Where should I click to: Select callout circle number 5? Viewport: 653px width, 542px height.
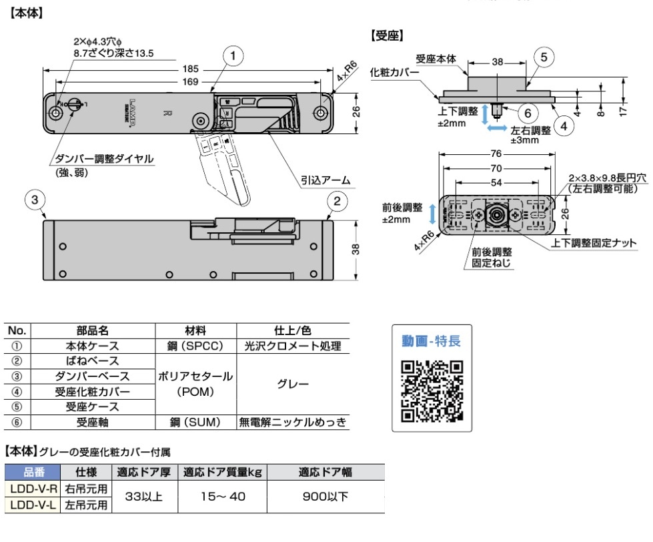pos(544,57)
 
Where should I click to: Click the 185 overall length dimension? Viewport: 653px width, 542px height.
pos(191,68)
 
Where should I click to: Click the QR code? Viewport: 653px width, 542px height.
pos(432,390)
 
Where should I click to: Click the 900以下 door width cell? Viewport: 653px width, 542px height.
pos(325,497)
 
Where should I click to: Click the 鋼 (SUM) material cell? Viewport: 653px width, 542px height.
pos(195,421)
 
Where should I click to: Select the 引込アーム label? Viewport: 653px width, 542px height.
pos(325,180)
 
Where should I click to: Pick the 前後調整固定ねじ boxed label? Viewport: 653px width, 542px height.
pos(487,257)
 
